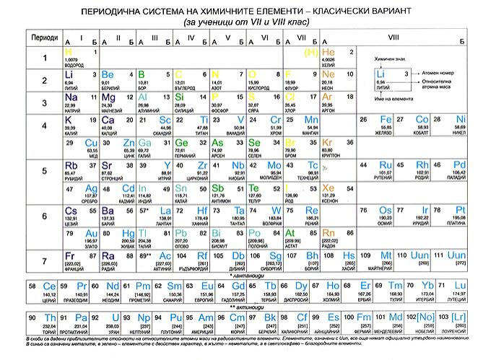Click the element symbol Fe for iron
pyautogui.click(x=386, y=120)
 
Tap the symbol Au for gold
pyautogui.click(x=91, y=234)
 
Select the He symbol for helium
pyautogui.click(x=329, y=53)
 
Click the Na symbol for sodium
pyautogui.click(x=71, y=97)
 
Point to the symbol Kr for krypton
pyautogui.click(x=329, y=143)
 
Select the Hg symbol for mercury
pyautogui.click(x=129, y=234)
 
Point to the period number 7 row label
pyautogui.click(x=43, y=260)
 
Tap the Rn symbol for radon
pyautogui.click(x=329, y=234)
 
